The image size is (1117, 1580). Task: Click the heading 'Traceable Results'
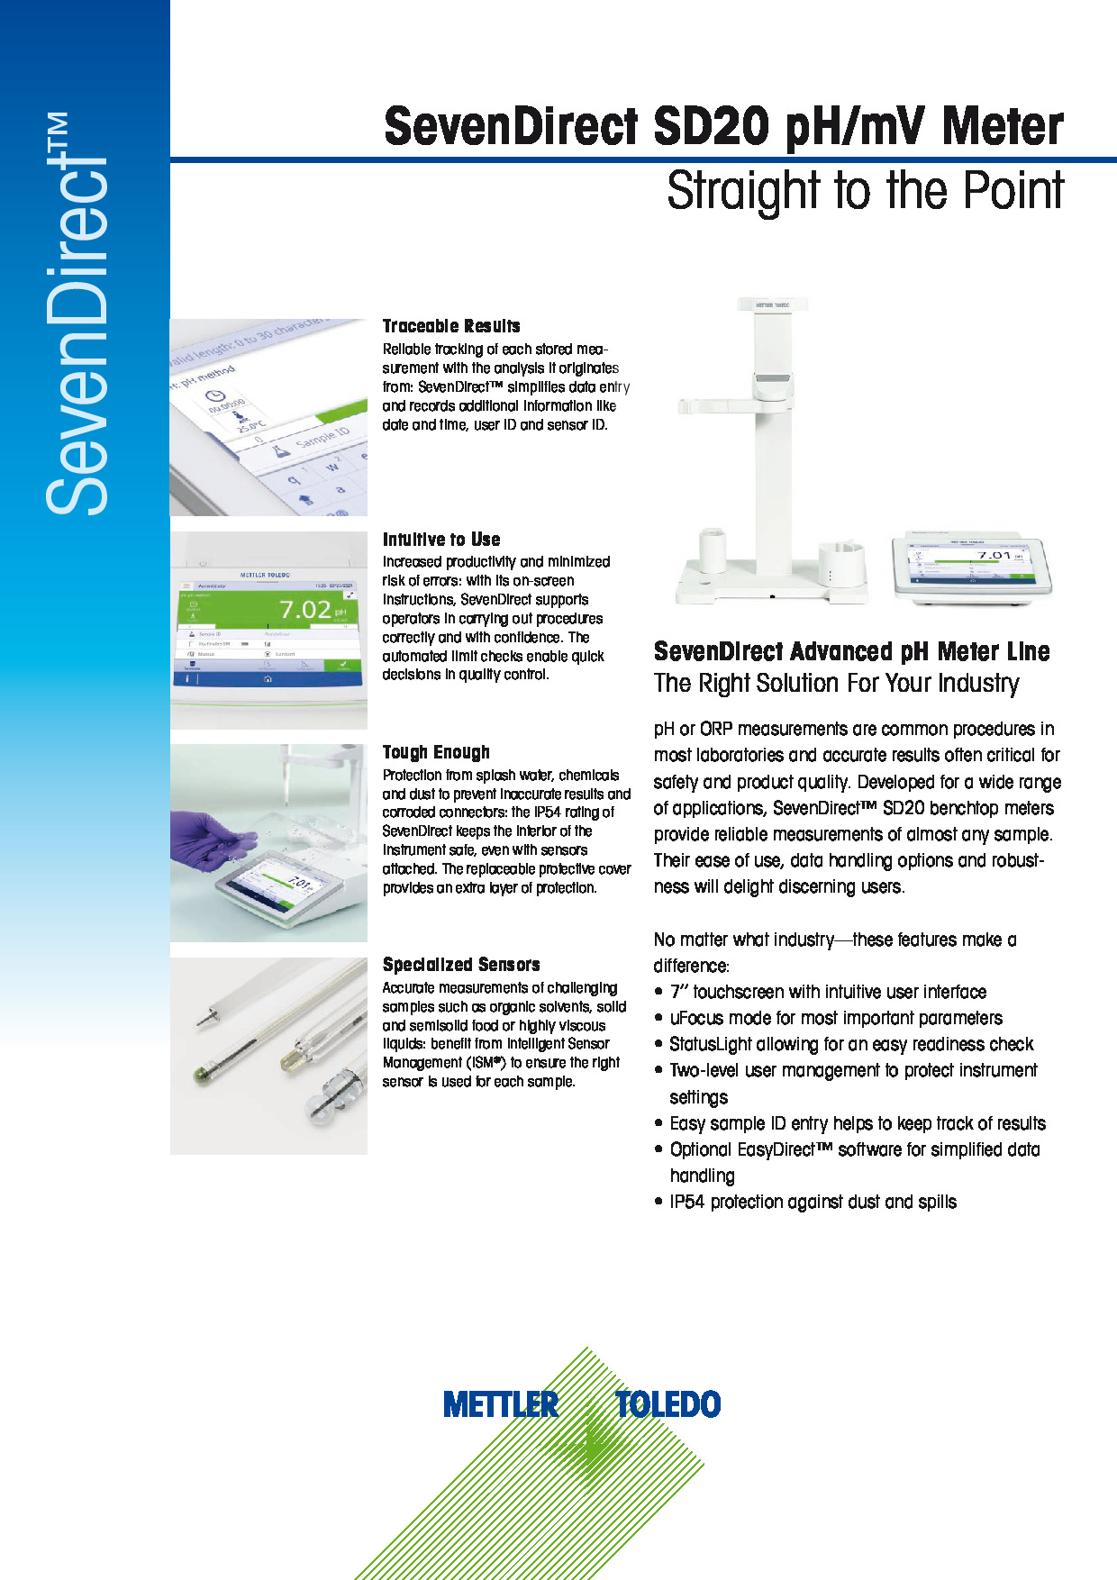pos(451,326)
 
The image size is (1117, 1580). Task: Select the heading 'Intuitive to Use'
pos(441,540)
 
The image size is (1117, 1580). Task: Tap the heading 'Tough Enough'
pos(436,752)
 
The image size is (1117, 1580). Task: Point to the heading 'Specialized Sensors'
pos(461,965)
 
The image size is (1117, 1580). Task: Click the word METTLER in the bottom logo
pos(501,1404)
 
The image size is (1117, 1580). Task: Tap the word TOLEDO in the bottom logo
pos(668,1404)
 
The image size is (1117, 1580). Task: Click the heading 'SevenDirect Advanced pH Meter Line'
pos(852,651)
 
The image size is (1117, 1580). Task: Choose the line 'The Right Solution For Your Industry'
pos(837,683)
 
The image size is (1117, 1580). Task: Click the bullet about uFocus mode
pos(829,1018)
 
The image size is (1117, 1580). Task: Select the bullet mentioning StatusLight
pos(844,1044)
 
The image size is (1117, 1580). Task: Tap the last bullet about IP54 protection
pos(806,1202)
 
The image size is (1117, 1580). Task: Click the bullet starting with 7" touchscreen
pos(821,992)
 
